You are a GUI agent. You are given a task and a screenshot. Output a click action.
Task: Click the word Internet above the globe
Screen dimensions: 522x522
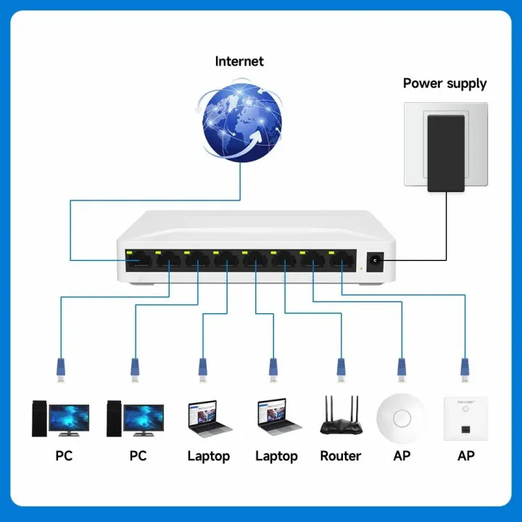click(239, 61)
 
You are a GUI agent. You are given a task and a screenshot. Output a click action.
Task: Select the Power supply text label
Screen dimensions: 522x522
click(444, 83)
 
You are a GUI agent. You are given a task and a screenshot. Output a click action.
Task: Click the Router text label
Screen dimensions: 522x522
click(340, 456)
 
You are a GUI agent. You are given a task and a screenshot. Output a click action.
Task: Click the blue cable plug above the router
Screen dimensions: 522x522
click(340, 368)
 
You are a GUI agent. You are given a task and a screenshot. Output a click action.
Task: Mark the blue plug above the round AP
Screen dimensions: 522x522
click(401, 368)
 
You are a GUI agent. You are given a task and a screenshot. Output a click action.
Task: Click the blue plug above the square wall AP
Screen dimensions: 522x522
click(465, 368)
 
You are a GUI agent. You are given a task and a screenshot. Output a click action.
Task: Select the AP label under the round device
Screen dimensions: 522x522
click(402, 456)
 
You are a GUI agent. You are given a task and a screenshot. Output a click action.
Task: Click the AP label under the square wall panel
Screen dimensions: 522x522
click(466, 456)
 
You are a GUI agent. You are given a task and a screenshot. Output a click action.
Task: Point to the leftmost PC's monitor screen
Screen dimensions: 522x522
click(70, 418)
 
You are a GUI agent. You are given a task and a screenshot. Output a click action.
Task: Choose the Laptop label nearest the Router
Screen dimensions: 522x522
click(276, 456)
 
